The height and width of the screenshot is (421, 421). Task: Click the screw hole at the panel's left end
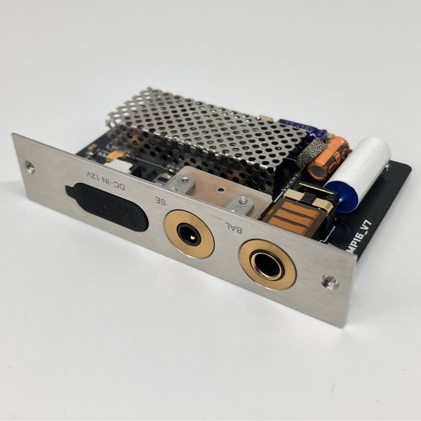pos(29,167)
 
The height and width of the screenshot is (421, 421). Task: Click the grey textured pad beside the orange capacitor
pos(311,151)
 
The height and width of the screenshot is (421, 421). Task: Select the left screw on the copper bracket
pos(184,185)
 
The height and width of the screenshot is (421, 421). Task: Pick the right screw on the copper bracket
pos(242,203)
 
